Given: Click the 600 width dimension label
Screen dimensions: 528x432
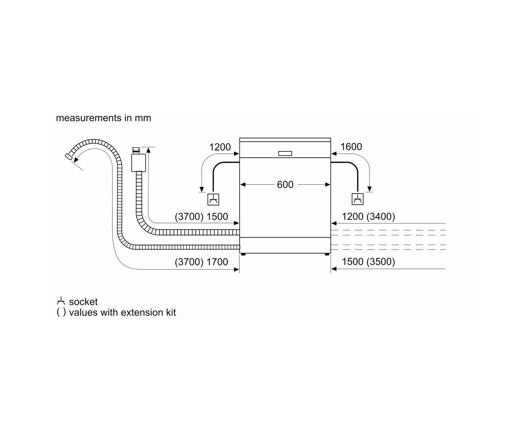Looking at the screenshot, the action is click(x=285, y=185).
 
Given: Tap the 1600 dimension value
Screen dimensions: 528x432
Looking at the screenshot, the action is click(x=351, y=147).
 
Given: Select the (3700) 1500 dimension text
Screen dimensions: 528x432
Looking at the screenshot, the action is click(x=201, y=216).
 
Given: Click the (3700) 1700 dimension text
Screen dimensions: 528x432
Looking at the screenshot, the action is click(x=201, y=262).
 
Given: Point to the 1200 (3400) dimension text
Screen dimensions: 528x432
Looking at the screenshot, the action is click(x=368, y=216).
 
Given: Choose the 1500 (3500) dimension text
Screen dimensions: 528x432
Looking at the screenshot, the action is click(x=368, y=262).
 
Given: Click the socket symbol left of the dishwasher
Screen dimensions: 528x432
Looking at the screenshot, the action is click(x=213, y=200).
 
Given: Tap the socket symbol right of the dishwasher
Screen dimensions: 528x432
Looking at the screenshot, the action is click(x=358, y=200).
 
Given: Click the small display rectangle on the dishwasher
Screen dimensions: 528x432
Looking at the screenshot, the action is click(x=285, y=153).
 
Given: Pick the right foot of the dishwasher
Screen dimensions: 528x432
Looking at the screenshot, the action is click(x=327, y=254).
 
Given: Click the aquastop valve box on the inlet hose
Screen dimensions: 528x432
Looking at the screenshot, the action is click(x=138, y=163).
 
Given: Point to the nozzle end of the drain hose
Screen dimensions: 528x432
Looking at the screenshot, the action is click(x=68, y=156).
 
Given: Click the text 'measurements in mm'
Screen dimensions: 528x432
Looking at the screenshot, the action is click(x=103, y=118).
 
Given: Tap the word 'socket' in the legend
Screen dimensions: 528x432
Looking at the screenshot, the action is click(x=83, y=302).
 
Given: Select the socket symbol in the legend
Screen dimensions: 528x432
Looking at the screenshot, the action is click(x=61, y=301).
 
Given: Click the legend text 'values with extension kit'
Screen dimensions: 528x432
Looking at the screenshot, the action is click(x=122, y=313).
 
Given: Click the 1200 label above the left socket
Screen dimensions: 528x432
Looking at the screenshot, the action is click(x=220, y=147).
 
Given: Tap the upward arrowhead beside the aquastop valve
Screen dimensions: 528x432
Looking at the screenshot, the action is click(x=148, y=150).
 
